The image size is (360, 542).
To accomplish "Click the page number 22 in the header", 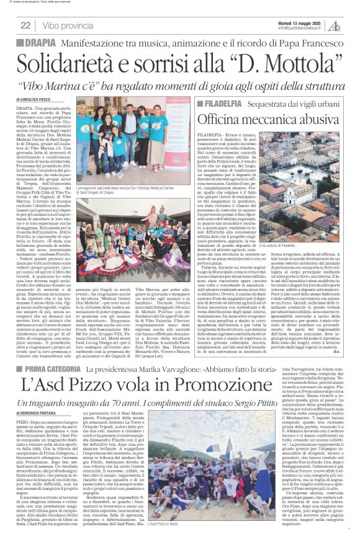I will click(25, 25).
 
